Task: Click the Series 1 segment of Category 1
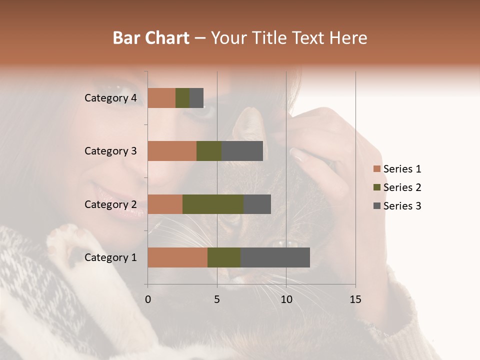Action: [x=177, y=257]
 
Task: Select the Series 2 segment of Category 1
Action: [x=224, y=257]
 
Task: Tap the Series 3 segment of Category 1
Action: [x=275, y=257]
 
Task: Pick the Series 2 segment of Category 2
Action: [x=213, y=204]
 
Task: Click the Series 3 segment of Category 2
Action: [x=257, y=204]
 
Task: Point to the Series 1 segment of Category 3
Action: [x=172, y=151]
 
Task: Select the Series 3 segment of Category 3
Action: [x=242, y=151]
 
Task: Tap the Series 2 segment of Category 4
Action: [x=182, y=98]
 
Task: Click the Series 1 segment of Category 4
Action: [x=161, y=98]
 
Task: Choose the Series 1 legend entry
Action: [x=401, y=169]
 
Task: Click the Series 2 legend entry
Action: [x=401, y=187]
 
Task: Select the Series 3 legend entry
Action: [x=401, y=206]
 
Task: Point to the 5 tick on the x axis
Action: [x=217, y=299]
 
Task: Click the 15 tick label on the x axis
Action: [x=355, y=299]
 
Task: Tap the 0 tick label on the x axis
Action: [x=148, y=299]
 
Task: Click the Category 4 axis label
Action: [x=110, y=98]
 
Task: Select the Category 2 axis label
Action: [x=110, y=204]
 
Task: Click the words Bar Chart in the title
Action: [x=151, y=38]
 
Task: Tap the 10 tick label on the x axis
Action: [x=286, y=299]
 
